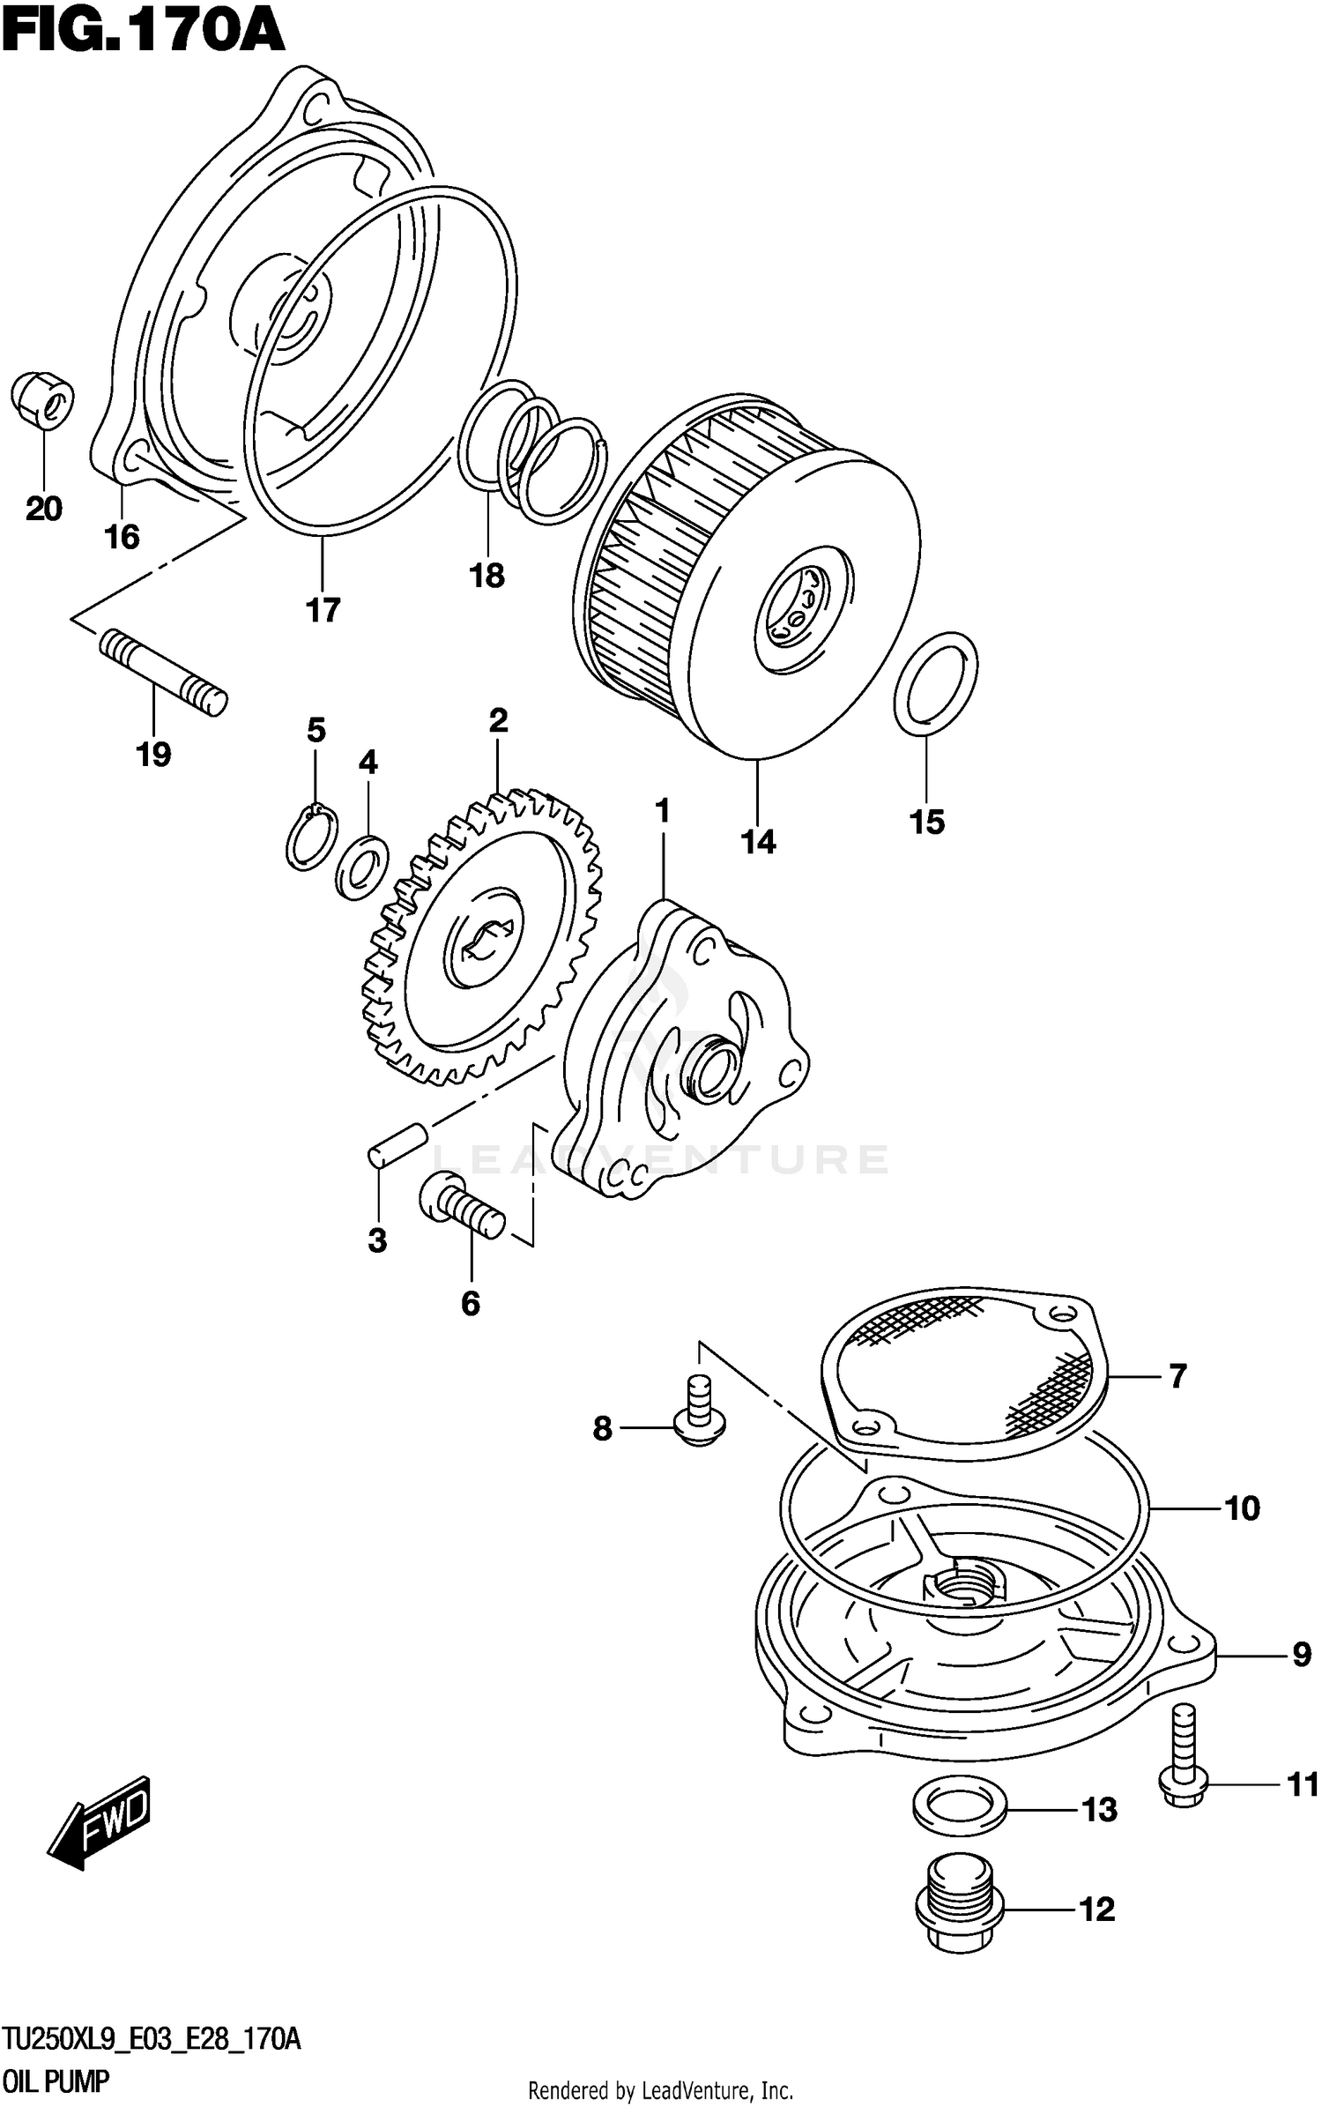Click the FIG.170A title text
[x=143, y=34]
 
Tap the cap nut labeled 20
[x=42, y=403]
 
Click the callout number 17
[x=323, y=609]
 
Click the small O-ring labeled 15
[x=935, y=683]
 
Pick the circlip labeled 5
[x=311, y=838]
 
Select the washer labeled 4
[x=362, y=866]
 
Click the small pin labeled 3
[x=397, y=1143]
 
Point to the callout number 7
[x=1177, y=1376]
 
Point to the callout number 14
[x=758, y=842]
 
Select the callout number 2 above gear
[x=498, y=721]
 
